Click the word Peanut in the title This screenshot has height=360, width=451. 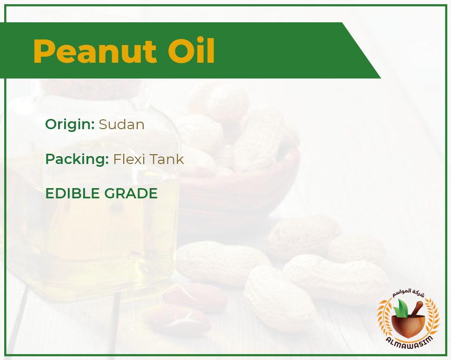(95, 51)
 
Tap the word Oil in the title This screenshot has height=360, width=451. (191, 51)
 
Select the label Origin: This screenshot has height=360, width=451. (70, 124)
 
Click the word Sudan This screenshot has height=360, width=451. (121, 124)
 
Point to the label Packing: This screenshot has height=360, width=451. (77, 159)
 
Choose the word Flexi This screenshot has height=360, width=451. (130, 159)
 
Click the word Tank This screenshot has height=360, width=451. (167, 159)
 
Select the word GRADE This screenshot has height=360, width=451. (131, 193)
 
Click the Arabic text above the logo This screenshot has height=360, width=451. (408, 294)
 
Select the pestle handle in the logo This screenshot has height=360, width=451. (417, 308)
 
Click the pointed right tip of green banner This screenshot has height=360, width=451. (381, 78)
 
